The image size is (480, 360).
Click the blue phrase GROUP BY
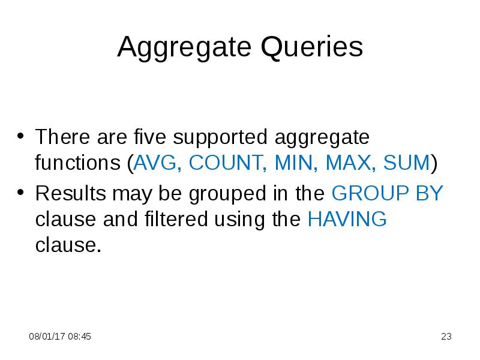click(x=387, y=193)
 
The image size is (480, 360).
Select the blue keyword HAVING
click(x=347, y=220)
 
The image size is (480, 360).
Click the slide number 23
click(x=446, y=337)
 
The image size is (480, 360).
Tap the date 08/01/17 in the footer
click(x=47, y=337)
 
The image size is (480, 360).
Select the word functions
click(x=78, y=163)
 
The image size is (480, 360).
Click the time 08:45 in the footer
click(x=79, y=337)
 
